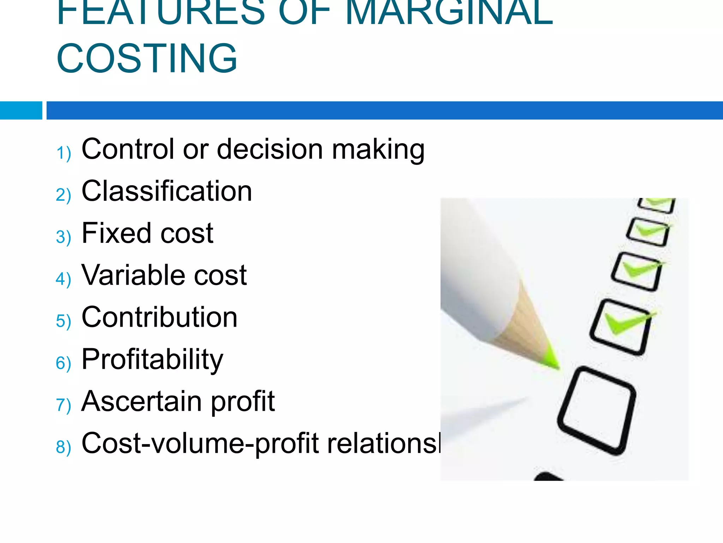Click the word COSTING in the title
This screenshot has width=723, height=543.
click(147, 58)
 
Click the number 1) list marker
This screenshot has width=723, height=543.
click(64, 153)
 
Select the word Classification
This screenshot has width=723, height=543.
click(167, 191)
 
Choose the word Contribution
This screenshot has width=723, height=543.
click(159, 317)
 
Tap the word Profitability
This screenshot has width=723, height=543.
click(152, 360)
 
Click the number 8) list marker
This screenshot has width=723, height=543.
click(64, 447)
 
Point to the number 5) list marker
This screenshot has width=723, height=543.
click(64, 321)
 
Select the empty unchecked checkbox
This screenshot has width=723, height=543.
click(597, 410)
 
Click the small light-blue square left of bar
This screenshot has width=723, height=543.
click(21, 110)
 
